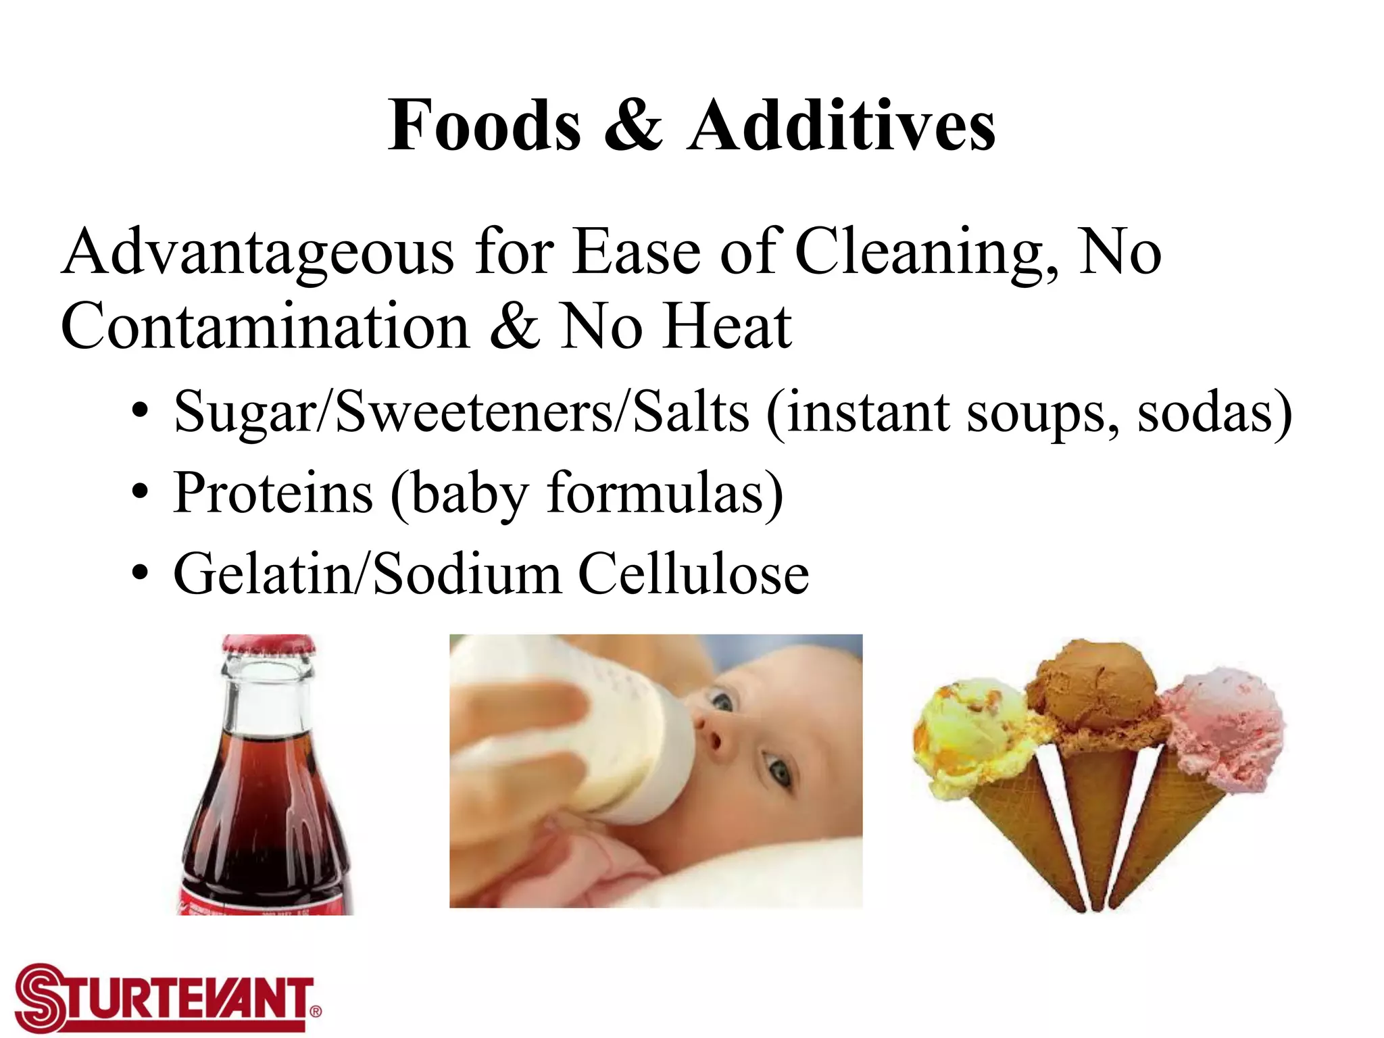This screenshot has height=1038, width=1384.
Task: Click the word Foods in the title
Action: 484,126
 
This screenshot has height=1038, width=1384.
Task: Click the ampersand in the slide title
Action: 633,126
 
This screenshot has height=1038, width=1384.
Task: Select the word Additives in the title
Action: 841,126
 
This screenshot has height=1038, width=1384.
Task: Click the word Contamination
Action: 265,326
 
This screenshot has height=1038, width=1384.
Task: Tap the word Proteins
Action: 272,493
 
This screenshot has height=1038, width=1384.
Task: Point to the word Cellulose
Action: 693,574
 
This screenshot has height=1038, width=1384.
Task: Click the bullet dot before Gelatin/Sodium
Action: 139,574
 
